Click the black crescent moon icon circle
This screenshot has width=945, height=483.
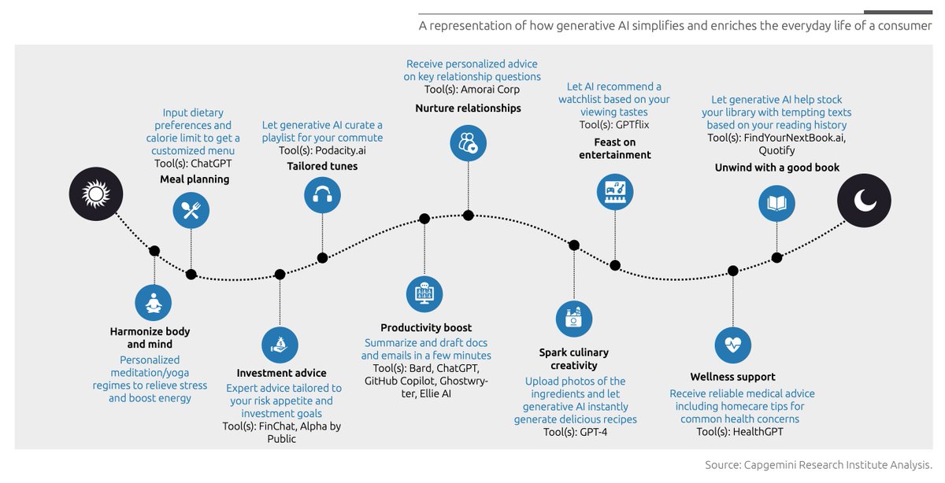[x=864, y=201]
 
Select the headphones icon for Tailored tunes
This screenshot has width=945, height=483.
[x=322, y=195]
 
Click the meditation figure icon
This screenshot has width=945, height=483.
[x=154, y=303]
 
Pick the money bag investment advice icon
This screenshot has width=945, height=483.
[x=280, y=345]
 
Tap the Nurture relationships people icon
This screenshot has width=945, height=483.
[x=469, y=143]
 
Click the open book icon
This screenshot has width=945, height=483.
[x=776, y=203]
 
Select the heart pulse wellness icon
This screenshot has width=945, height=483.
[x=733, y=345]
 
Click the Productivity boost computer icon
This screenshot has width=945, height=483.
[x=424, y=294]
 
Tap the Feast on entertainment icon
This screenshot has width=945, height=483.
[x=615, y=191]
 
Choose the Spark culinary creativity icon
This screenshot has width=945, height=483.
[x=574, y=318]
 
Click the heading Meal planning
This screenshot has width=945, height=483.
[x=195, y=179]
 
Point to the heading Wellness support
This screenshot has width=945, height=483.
[x=733, y=377]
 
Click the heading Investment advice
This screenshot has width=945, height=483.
[x=282, y=373]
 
